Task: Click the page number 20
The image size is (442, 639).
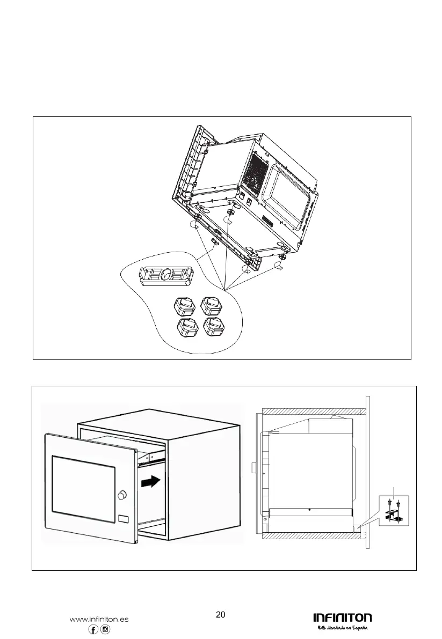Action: pyautogui.click(x=220, y=615)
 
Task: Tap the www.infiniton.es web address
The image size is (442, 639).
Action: pyautogui.click(x=99, y=619)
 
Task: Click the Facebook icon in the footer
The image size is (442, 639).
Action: pyautogui.click(x=93, y=630)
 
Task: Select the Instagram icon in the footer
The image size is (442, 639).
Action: pyautogui.click(x=105, y=630)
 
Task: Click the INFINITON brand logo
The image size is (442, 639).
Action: pyautogui.click(x=342, y=618)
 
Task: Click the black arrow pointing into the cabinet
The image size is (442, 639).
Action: pyautogui.click(x=150, y=482)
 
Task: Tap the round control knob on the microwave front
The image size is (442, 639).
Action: pyautogui.click(x=122, y=494)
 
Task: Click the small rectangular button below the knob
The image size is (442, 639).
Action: pyautogui.click(x=123, y=519)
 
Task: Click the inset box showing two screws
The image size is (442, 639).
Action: pyautogui.click(x=396, y=510)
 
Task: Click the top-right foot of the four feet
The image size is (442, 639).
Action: pyautogui.click(x=211, y=306)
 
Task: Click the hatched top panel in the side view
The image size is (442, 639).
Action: pyautogui.click(x=310, y=411)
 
